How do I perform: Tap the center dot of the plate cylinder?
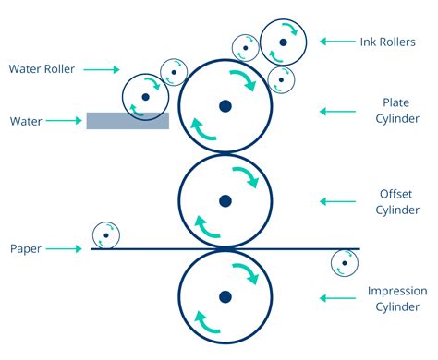point(225,106)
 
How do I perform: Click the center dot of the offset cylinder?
point(225,200)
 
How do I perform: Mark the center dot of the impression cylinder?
point(225,297)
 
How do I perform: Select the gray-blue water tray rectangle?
point(127,120)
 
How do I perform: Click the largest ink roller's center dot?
point(283,42)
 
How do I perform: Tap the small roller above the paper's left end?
point(106,234)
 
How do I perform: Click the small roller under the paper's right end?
point(345,263)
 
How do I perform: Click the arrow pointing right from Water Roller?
point(104,69)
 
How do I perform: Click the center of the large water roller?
point(145,96)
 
